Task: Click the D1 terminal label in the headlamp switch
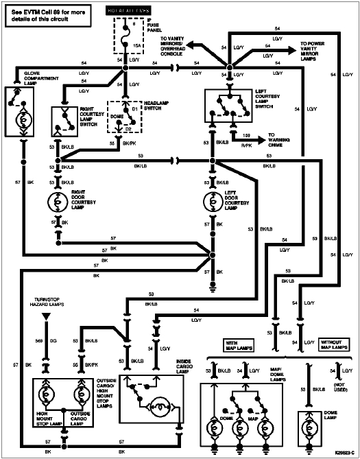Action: coord(136,107)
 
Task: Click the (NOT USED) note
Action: coord(339,388)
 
